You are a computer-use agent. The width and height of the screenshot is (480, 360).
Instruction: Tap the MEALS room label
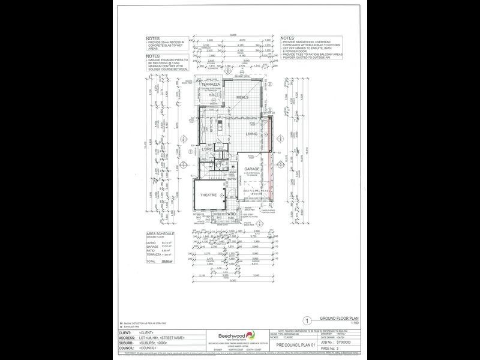point(242,97)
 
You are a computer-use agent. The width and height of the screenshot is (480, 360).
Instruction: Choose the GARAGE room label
point(252,169)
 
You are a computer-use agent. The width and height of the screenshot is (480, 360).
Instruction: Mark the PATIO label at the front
point(230,214)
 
